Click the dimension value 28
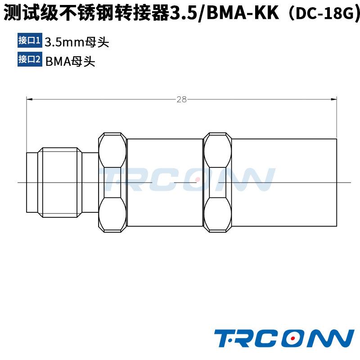point(181,99)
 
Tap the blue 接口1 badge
point(29,41)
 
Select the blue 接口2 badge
point(29,59)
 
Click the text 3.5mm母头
point(77,42)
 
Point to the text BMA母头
point(70,61)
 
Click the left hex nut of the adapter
point(112,182)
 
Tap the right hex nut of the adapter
point(217,182)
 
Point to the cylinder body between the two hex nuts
point(165,182)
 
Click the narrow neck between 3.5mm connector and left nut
point(91,182)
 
